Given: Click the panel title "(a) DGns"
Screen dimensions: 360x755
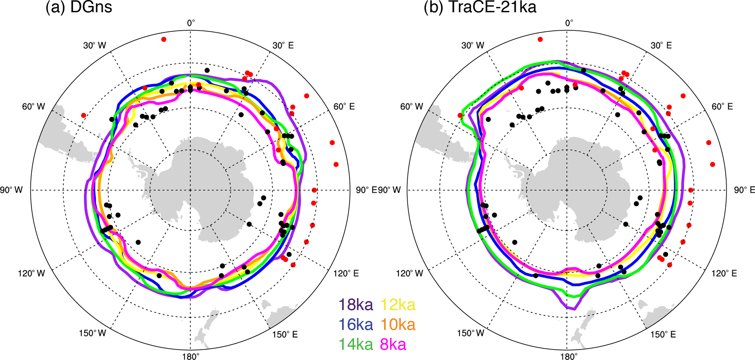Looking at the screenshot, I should (x=79, y=7).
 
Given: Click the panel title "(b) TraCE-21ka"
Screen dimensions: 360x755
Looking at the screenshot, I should (x=480, y=7).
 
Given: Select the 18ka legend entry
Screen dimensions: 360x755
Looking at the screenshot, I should (x=356, y=304).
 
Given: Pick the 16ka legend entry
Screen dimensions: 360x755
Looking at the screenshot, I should (x=356, y=325).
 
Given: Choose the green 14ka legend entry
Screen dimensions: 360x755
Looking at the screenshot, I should (x=356, y=344).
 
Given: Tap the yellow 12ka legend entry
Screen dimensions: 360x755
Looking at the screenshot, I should (x=398, y=304).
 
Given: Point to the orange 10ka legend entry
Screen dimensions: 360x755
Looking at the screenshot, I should (x=398, y=325).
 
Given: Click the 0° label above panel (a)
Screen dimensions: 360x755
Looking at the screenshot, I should (x=191, y=23).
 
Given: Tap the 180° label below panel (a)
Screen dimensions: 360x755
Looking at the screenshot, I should (x=191, y=356).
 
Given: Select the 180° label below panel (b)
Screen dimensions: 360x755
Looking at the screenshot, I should (x=567, y=356).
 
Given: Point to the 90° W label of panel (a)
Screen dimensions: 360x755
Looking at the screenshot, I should (x=11, y=190).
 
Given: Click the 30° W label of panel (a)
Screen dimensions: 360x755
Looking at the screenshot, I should (x=94, y=45).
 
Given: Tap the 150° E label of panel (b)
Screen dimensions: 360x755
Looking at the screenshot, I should (x=663, y=334).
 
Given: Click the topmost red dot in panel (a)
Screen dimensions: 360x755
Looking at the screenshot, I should (x=164, y=39).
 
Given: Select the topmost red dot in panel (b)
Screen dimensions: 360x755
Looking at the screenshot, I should (x=540, y=39).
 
